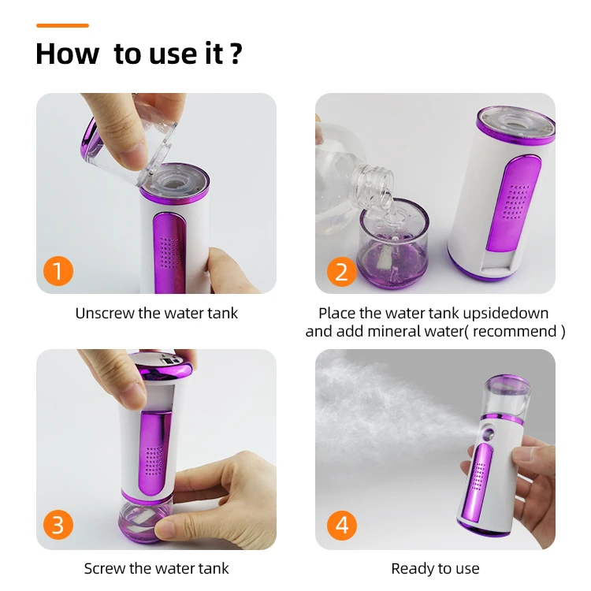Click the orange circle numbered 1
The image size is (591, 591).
tap(58, 270)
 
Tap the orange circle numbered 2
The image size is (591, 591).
tap(341, 271)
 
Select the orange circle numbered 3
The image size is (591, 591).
tap(58, 525)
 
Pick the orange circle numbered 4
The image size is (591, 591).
tap(341, 525)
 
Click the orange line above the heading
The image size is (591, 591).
tap(62, 26)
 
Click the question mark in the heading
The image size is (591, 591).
tap(236, 54)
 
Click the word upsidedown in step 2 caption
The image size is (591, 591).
tap(505, 314)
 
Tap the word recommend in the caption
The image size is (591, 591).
tap(515, 332)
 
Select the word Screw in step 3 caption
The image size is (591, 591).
tap(104, 569)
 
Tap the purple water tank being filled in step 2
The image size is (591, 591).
tap(393, 244)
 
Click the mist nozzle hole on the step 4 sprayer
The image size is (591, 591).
tap(489, 433)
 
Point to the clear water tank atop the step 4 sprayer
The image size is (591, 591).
tap(507, 396)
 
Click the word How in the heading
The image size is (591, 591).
tap(68, 54)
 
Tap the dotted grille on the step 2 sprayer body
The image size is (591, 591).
tap(516, 202)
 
